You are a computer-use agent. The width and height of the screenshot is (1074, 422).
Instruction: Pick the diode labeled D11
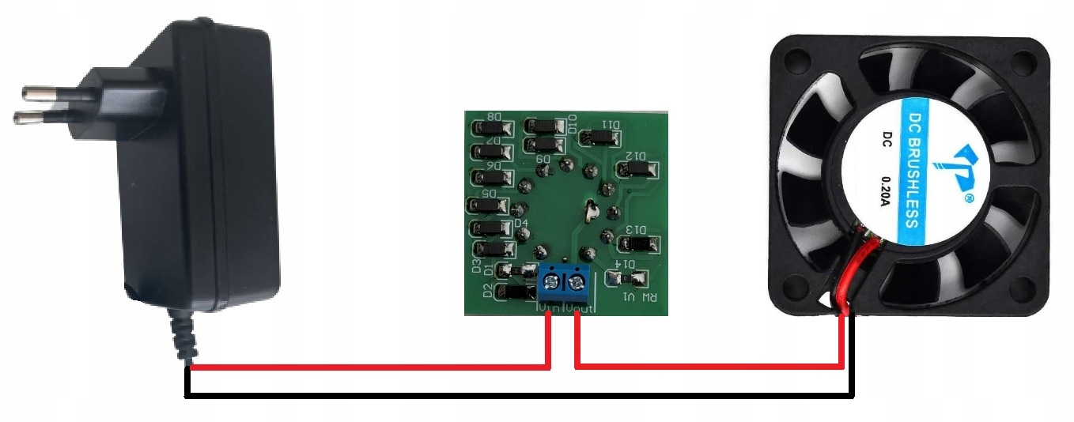click(600, 138)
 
